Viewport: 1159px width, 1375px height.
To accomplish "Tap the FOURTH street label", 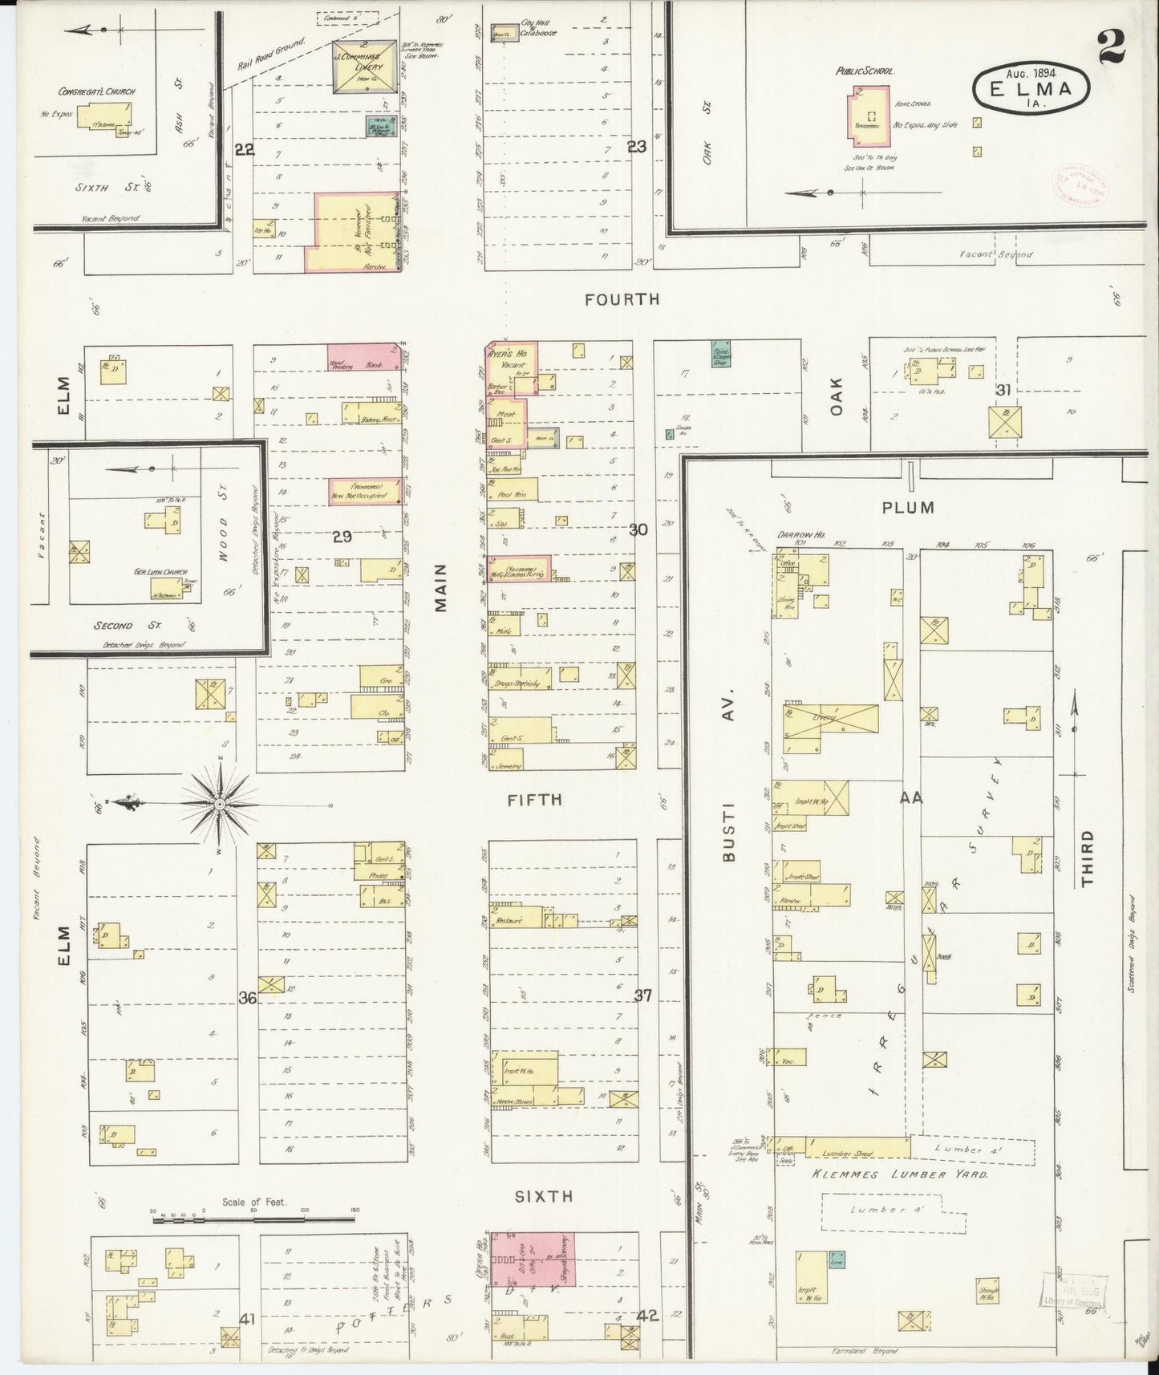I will pyautogui.click(x=622, y=299).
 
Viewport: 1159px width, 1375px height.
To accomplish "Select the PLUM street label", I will pyautogui.click(x=908, y=507).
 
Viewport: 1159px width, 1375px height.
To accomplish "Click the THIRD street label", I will pyautogui.click(x=1086, y=858).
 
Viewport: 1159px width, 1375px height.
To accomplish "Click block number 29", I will pyautogui.click(x=342, y=537).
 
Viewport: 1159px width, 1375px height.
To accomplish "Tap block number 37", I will pyautogui.click(x=643, y=996).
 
